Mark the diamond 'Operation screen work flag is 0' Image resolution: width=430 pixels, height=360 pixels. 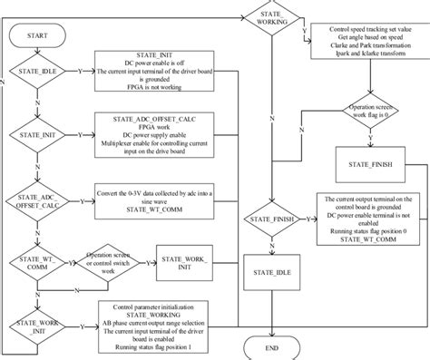coord(368,112)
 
